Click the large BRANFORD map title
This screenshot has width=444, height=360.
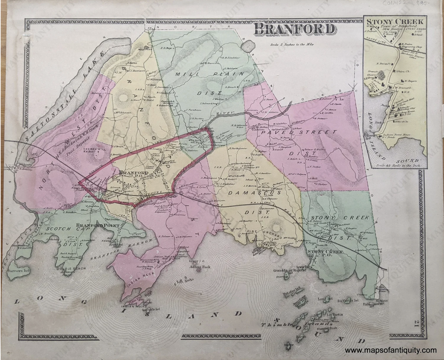click(294, 30)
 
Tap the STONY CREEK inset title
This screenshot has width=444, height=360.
click(395, 22)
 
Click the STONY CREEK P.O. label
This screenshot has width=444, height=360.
click(325, 252)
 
